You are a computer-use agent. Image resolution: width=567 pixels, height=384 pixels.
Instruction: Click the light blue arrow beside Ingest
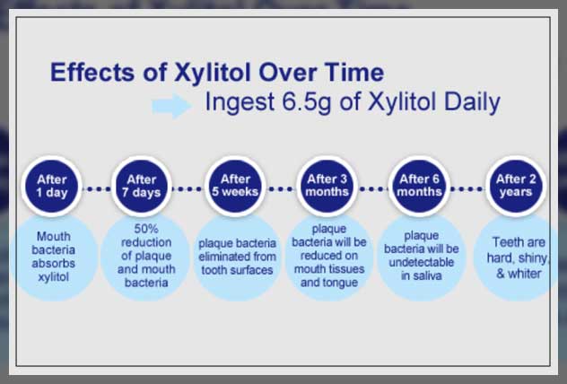pyautogui.click(x=171, y=106)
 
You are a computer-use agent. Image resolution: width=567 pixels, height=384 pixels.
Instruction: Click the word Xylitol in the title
pyautogui.click(x=213, y=74)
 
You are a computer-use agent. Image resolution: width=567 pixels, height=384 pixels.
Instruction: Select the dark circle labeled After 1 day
pyautogui.click(x=52, y=187)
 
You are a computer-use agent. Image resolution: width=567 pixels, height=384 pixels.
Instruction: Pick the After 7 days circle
pyautogui.click(x=142, y=187)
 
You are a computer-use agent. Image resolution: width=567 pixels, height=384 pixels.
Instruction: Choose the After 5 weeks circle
pyautogui.click(x=235, y=186)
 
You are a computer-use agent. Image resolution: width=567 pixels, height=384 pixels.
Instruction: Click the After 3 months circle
pyautogui.click(x=327, y=186)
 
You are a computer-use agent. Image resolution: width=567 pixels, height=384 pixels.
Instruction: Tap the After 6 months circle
pyautogui.click(x=420, y=186)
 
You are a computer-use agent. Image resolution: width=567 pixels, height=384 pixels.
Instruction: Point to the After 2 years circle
pyautogui.click(x=516, y=186)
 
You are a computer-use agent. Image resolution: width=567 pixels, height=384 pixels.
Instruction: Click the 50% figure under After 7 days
pyautogui.click(x=146, y=229)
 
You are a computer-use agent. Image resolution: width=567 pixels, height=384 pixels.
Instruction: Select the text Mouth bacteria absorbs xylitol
pyautogui.click(x=54, y=257)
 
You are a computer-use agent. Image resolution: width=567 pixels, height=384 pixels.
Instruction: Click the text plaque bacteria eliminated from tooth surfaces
pyautogui.click(x=237, y=257)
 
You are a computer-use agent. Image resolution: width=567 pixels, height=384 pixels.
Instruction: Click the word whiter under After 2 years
pyautogui.click(x=524, y=274)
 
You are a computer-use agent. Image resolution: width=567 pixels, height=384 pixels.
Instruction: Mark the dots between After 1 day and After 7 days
pyautogui.click(x=97, y=188)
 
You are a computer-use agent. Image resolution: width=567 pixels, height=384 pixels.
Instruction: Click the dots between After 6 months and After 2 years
pyautogui.click(x=467, y=188)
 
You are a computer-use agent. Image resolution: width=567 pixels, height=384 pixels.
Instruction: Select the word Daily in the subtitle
pyautogui.click(x=472, y=103)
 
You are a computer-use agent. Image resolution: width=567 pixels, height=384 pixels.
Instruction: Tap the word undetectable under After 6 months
pyautogui.click(x=422, y=262)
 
